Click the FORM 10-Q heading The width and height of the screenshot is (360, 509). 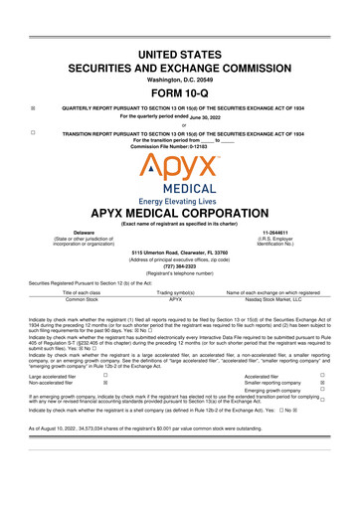179,88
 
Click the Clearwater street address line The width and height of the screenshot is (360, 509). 180,252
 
